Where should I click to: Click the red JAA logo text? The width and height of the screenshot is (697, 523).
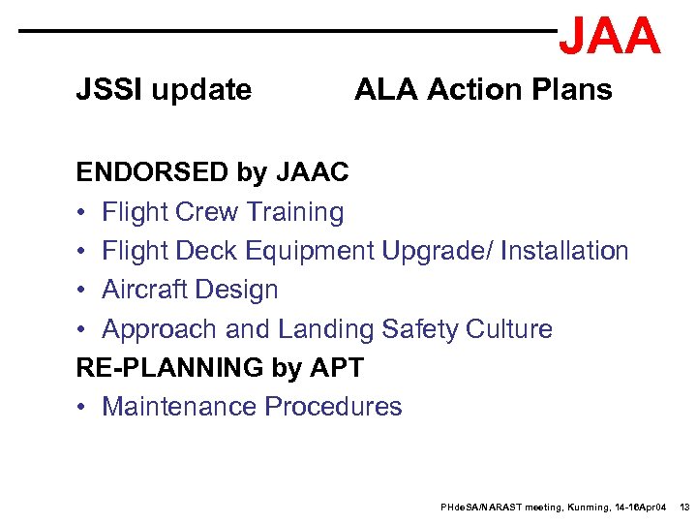click(610, 36)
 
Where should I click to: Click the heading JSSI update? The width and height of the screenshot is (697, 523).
click(164, 90)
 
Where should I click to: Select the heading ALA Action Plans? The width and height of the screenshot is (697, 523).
click(483, 90)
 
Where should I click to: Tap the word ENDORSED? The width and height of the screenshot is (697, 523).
click(153, 172)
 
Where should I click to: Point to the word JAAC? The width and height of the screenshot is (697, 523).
click(313, 172)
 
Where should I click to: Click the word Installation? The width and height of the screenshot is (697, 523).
click(566, 251)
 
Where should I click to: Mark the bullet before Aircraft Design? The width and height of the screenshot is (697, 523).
click(83, 290)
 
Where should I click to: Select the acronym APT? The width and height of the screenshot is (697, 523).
click(334, 368)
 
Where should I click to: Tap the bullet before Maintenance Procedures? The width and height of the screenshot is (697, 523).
click(83, 407)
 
